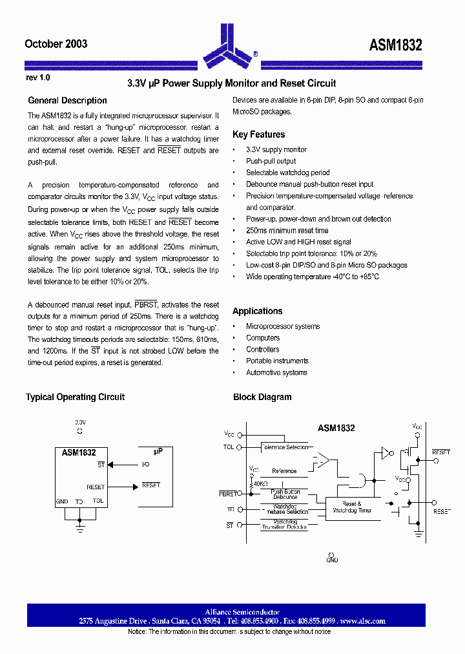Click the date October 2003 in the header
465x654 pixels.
pyautogui.click(x=56, y=44)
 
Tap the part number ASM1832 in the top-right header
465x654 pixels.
pyautogui.click(x=395, y=45)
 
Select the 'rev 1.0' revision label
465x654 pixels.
pyautogui.click(x=37, y=78)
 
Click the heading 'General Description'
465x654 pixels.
pyautogui.click(x=67, y=101)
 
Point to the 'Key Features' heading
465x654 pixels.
pyautogui.click(x=258, y=134)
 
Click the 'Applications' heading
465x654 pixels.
pyautogui.click(x=257, y=311)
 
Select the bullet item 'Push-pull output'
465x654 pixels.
pyautogui.click(x=271, y=161)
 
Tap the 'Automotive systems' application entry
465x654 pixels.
pyautogui.click(x=276, y=373)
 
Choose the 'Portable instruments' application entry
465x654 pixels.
pyautogui.click(x=277, y=361)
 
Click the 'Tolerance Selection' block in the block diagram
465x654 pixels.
pyautogui.click(x=285, y=447)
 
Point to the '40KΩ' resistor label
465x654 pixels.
pyautogui.click(x=261, y=483)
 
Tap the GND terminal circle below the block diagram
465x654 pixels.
pyautogui.click(x=331, y=554)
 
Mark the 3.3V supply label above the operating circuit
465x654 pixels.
pyautogui.click(x=79, y=421)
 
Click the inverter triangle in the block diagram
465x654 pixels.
pyautogui.click(x=386, y=453)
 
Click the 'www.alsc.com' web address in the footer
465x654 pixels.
pyautogui.click(x=363, y=621)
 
